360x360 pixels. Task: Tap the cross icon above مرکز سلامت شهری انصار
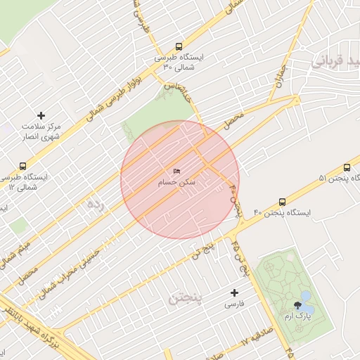[x=41, y=115]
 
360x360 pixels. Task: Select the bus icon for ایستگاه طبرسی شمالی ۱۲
[x=23, y=167]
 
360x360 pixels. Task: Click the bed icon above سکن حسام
[x=176, y=172]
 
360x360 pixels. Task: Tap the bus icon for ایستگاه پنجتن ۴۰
[x=283, y=201]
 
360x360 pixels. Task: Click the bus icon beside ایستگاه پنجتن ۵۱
[x=347, y=167]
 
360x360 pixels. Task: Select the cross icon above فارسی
[x=235, y=292]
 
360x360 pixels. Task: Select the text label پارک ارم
[x=298, y=317]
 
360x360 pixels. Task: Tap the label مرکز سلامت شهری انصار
[x=41, y=131]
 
